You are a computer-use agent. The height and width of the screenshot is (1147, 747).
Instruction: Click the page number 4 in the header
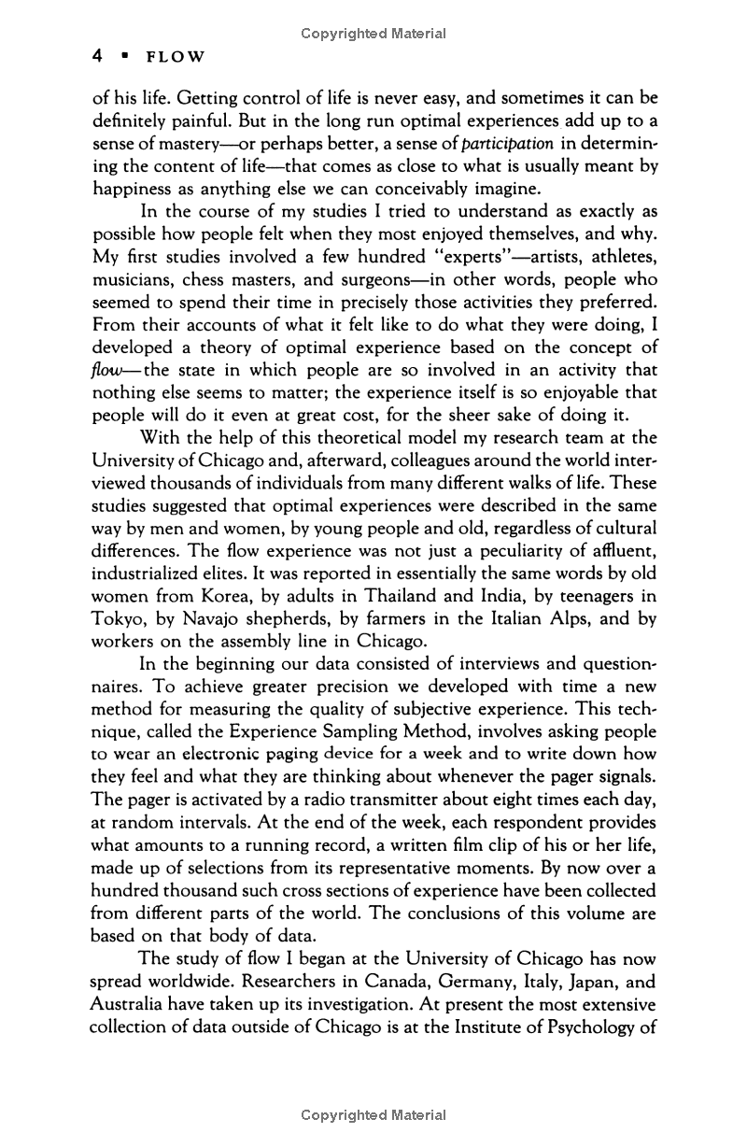(x=96, y=56)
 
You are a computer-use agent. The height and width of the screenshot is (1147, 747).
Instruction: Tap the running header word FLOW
(x=170, y=57)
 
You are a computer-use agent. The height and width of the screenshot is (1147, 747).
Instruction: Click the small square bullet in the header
(x=122, y=56)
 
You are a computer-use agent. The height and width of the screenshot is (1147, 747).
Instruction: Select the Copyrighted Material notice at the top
(x=373, y=34)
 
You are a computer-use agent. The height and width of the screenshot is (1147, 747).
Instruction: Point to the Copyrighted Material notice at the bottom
(x=373, y=1114)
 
